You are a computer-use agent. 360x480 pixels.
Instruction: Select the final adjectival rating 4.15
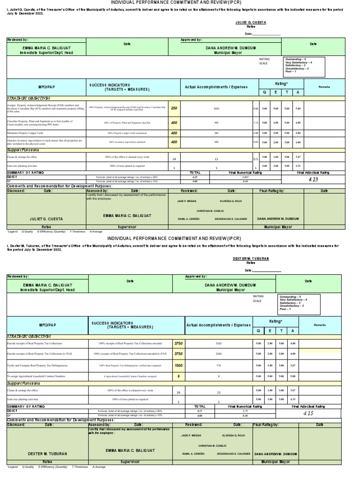tap(308, 414)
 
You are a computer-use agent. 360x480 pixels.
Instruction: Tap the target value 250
tap(174, 108)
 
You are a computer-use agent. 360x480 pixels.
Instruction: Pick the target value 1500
tap(178, 365)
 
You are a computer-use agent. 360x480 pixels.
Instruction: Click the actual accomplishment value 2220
tap(217, 108)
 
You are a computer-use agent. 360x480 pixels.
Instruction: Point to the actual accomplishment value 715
tap(218, 365)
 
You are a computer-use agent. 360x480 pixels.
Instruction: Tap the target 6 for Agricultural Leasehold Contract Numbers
tap(178, 376)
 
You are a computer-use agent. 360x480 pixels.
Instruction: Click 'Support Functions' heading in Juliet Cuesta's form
tap(23, 150)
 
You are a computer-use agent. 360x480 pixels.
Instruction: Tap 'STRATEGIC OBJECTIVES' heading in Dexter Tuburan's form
tap(28, 336)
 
